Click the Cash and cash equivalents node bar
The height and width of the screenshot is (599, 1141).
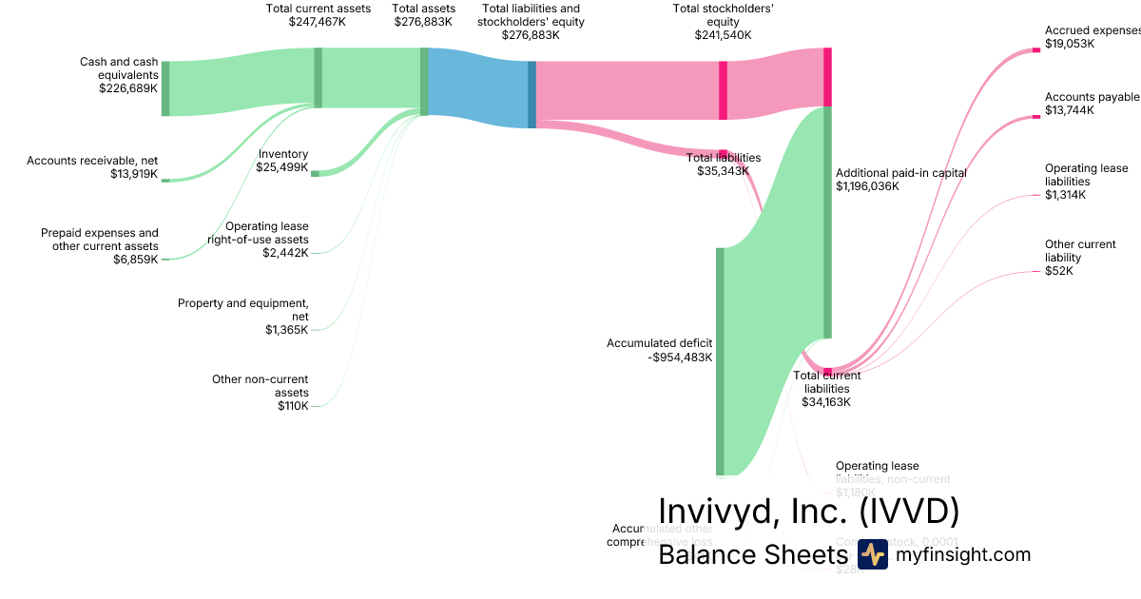(x=165, y=88)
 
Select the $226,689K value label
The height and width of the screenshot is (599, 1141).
(x=128, y=88)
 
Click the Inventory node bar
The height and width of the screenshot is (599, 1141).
(x=316, y=173)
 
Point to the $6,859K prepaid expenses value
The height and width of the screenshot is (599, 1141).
(x=136, y=260)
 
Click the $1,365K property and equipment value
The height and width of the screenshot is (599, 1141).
(x=287, y=330)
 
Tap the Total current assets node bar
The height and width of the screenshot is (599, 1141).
(x=319, y=77)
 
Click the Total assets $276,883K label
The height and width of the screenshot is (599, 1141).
(x=424, y=14)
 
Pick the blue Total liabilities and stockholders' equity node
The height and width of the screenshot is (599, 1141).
(x=532, y=94)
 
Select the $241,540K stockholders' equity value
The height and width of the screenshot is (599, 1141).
(x=723, y=35)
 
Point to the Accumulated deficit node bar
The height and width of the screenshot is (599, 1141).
(x=720, y=361)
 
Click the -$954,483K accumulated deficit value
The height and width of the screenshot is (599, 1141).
(x=680, y=357)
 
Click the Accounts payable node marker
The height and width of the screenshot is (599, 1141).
(x=1036, y=117)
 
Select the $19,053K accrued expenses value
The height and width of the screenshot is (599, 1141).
(x=1070, y=44)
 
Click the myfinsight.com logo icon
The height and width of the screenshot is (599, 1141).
(x=872, y=554)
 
